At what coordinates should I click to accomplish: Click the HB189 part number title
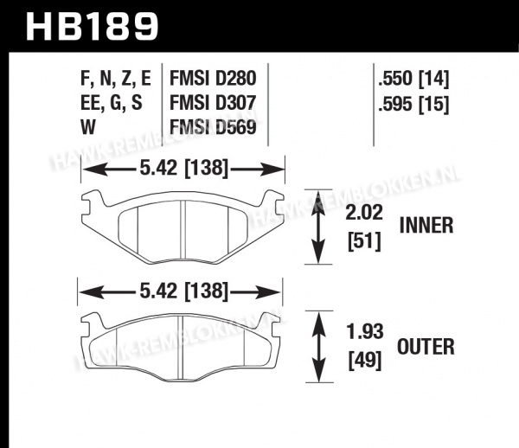click(x=93, y=26)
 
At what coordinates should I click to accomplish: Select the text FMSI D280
click(x=213, y=79)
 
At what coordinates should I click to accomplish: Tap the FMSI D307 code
click(x=213, y=103)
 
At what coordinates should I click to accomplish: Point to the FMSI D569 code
click(x=213, y=127)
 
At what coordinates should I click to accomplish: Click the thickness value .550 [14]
click(x=413, y=79)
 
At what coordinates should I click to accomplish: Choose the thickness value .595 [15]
click(x=413, y=104)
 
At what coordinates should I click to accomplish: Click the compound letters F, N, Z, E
click(x=116, y=79)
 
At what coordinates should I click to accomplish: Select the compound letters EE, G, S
click(x=112, y=103)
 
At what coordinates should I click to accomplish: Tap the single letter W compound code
click(x=88, y=127)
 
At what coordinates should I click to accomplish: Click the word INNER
click(x=426, y=226)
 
